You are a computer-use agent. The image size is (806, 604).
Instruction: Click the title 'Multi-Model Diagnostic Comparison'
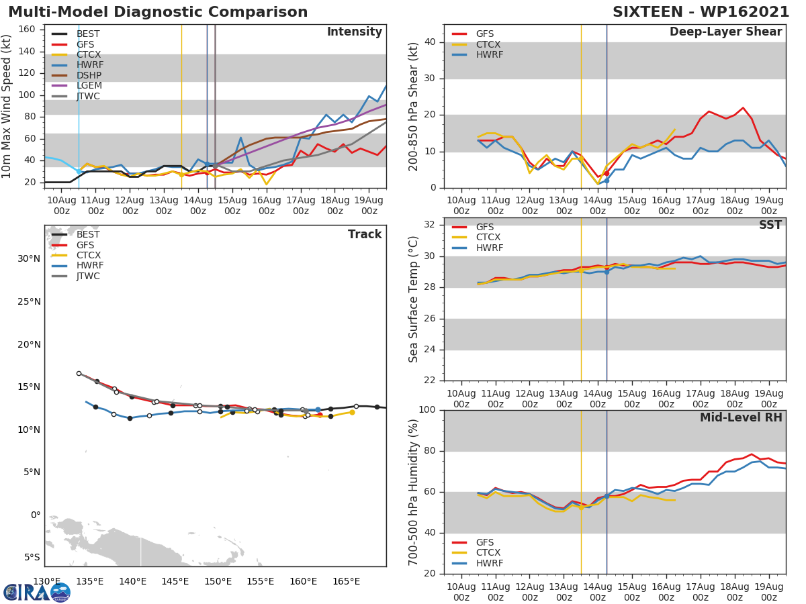(158, 12)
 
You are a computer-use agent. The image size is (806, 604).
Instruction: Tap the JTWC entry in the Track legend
(88, 276)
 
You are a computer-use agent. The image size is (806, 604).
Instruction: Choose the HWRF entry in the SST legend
(489, 248)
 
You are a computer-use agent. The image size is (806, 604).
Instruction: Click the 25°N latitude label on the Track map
(29, 301)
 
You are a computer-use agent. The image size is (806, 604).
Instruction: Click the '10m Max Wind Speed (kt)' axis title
(7, 106)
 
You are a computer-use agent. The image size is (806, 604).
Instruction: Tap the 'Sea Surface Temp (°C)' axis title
(414, 299)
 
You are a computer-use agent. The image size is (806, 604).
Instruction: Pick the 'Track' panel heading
(364, 234)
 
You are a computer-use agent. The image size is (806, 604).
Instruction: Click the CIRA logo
(37, 592)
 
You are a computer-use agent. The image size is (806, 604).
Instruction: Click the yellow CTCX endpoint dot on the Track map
(352, 412)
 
